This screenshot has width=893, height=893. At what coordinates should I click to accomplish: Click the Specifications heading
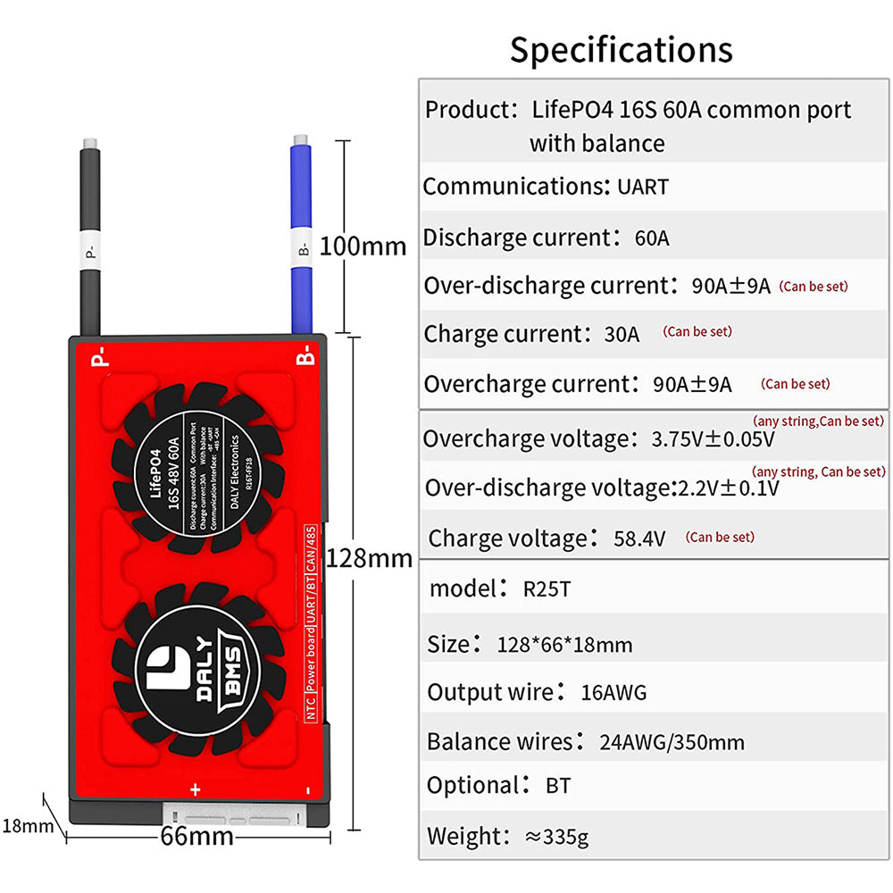[x=621, y=50]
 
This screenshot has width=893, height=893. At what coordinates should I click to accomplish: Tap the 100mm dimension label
[x=363, y=246]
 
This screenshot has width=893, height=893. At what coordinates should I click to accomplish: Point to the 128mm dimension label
[x=370, y=559]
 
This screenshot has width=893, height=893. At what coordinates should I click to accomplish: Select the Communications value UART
[x=642, y=188]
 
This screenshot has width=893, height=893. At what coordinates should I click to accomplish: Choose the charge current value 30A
[x=622, y=335]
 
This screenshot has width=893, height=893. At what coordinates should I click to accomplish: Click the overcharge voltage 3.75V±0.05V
[x=713, y=439]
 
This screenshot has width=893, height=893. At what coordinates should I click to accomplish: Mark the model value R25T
[x=547, y=589]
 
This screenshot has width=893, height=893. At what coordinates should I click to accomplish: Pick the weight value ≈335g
[x=556, y=837]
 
